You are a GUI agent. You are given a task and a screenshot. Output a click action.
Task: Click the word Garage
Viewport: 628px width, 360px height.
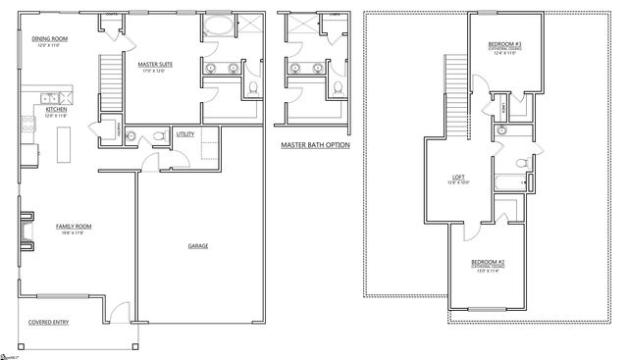[197, 246]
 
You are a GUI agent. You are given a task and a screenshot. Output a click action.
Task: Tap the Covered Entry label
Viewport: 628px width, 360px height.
[46, 321]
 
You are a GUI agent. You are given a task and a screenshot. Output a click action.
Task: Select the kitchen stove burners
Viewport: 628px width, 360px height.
[26, 126]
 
